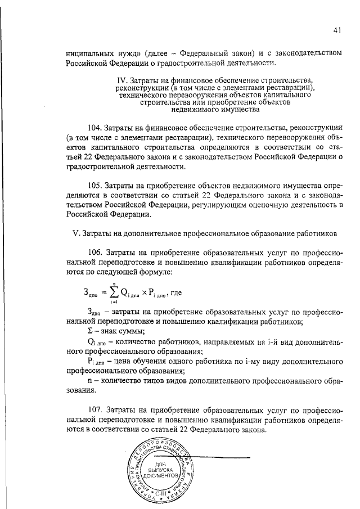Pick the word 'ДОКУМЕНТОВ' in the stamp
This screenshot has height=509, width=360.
click(x=161, y=476)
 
